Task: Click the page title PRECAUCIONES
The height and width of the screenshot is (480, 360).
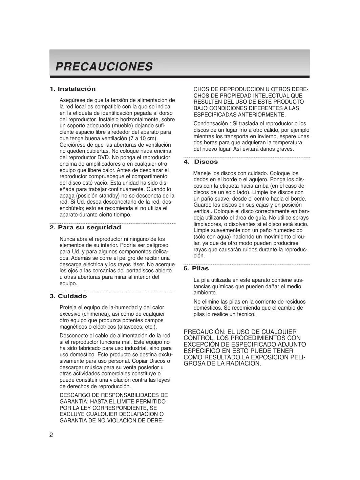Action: point(104,66)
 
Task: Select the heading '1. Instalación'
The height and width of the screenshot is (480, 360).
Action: point(72,89)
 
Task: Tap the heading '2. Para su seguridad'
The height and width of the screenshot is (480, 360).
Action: point(85,228)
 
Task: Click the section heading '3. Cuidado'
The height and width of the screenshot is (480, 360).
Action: point(68,296)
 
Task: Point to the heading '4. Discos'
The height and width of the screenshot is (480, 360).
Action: point(201,162)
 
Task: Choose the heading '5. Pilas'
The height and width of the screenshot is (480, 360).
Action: point(196,269)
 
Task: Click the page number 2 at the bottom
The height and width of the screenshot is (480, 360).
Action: point(51,435)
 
